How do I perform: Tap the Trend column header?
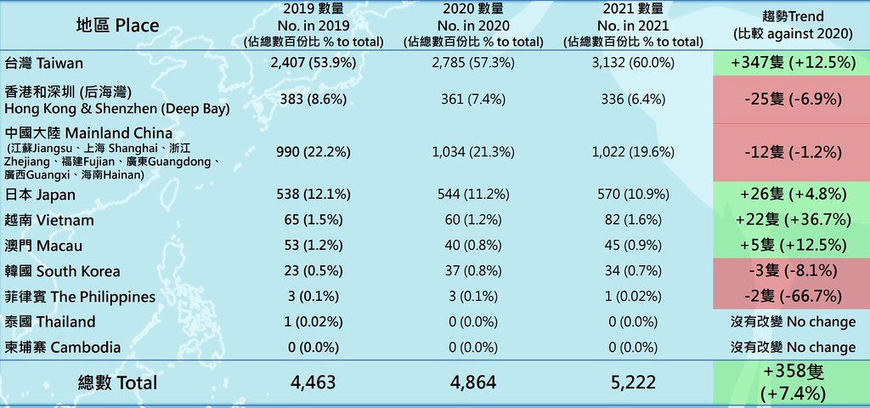click(793, 25)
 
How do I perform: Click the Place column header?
click(117, 25)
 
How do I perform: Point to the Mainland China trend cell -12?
click(792, 152)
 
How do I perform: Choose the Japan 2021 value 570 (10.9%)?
click(632, 195)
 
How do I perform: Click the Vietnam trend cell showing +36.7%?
click(792, 219)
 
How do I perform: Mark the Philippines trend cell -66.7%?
click(792, 296)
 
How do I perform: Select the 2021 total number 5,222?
click(632, 382)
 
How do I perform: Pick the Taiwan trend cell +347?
click(792, 63)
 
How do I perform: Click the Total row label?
click(117, 382)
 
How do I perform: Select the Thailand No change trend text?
click(792, 322)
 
